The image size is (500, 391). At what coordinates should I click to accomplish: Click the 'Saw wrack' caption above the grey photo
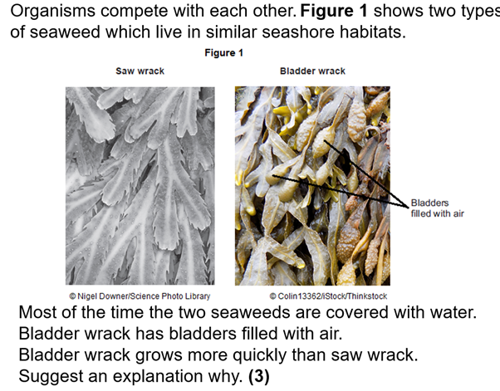coord(140,71)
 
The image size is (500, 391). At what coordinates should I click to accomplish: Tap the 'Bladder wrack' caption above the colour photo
coord(312,71)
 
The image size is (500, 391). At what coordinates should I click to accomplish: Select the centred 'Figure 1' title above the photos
coord(224,52)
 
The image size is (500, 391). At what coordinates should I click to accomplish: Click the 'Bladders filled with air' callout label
coord(437,208)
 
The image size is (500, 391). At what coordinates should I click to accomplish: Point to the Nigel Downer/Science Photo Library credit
coord(140,296)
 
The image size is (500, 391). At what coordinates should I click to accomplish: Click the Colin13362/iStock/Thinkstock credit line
coord(328,296)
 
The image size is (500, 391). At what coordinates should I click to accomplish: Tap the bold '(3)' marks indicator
coord(259,376)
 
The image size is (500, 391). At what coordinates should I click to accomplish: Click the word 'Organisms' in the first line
coord(52,11)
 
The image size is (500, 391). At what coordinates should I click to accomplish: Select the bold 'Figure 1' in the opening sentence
coord(334,11)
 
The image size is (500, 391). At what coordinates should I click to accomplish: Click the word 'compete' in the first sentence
coord(130,11)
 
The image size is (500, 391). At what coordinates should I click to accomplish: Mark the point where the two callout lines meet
coord(408,208)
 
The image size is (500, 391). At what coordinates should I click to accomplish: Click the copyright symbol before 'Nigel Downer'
coord(72,296)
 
